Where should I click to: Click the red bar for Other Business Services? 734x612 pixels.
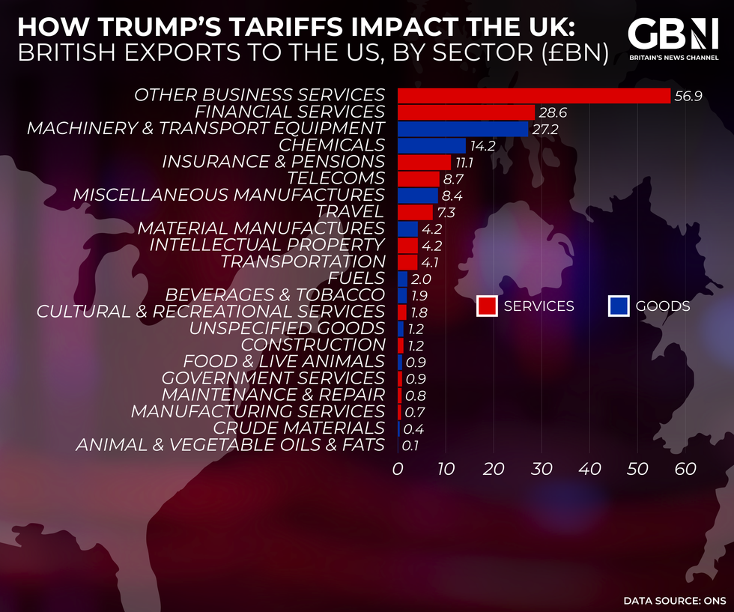pos(533,96)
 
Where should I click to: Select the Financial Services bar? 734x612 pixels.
pos(466,112)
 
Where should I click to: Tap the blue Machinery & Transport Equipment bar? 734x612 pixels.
pos(463,129)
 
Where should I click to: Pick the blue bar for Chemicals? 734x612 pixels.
pos(431,145)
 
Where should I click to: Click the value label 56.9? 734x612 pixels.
pos(688,97)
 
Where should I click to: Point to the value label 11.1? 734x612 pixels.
pos(467,163)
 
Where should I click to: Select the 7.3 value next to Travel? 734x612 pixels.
pos(447,212)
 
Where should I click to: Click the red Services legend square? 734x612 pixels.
pos(488,306)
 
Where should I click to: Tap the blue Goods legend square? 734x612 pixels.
pos(619,306)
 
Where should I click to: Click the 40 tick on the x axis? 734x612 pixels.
pos(589,470)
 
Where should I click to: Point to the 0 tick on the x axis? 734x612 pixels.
pos(398,470)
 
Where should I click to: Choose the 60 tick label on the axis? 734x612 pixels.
pos(685,470)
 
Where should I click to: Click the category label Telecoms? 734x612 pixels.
pos(336,179)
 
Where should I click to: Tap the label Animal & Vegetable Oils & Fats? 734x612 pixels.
pos(231,445)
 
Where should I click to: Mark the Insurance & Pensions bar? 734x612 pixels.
pos(424,162)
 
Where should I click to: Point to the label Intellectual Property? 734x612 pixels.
pos(267,245)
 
